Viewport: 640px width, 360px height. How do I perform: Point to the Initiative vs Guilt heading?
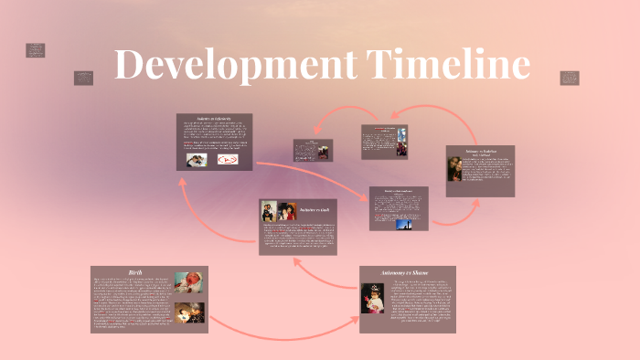pyautogui.click(x=314, y=210)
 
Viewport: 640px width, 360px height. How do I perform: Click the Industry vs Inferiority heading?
pyautogui.click(x=215, y=120)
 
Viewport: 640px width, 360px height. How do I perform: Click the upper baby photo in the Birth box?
pyautogui.click(x=189, y=281)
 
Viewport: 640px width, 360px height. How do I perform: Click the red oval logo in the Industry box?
pyautogui.click(x=225, y=160)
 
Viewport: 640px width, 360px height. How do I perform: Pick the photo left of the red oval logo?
pyautogui.click(x=197, y=160)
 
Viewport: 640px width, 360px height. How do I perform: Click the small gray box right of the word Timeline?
pyautogui.click(x=569, y=79)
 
